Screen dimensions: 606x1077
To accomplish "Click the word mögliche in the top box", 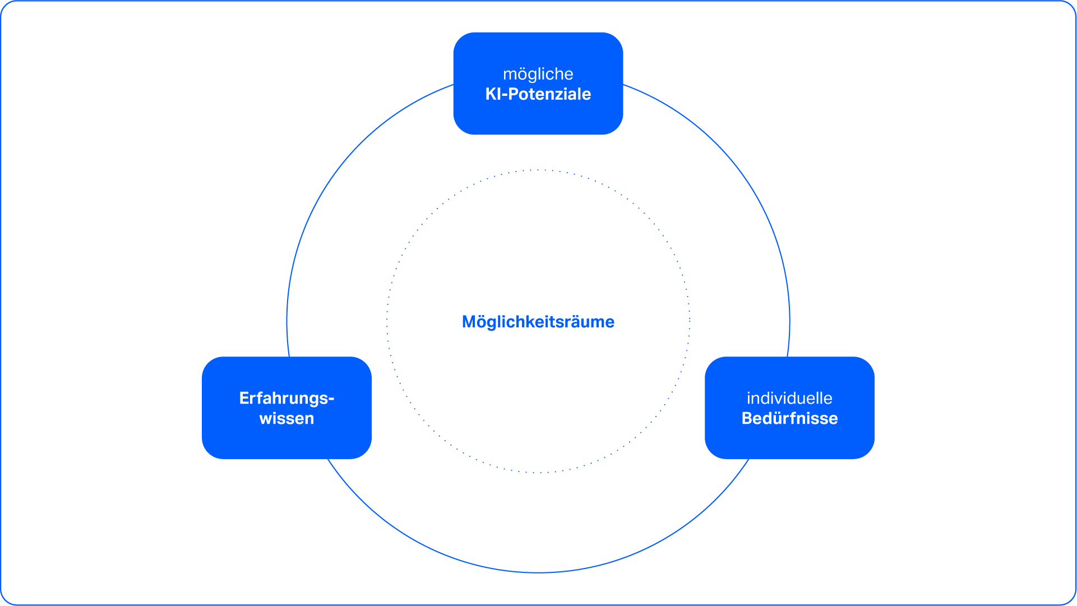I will (538, 74).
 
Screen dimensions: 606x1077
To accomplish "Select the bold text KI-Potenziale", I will (538, 94).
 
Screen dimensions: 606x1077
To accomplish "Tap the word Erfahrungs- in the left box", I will (286, 398).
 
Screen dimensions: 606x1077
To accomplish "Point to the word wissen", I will (286, 419).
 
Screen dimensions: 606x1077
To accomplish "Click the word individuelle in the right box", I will (789, 398).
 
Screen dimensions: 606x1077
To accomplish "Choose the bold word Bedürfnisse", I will (789, 419).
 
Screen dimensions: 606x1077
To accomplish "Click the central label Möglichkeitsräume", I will (538, 322).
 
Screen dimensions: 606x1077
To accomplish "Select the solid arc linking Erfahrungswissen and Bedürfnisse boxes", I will (538, 572).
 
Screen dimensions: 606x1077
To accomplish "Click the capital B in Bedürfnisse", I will (747, 419).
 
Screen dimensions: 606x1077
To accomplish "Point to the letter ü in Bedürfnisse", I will (776, 419).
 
